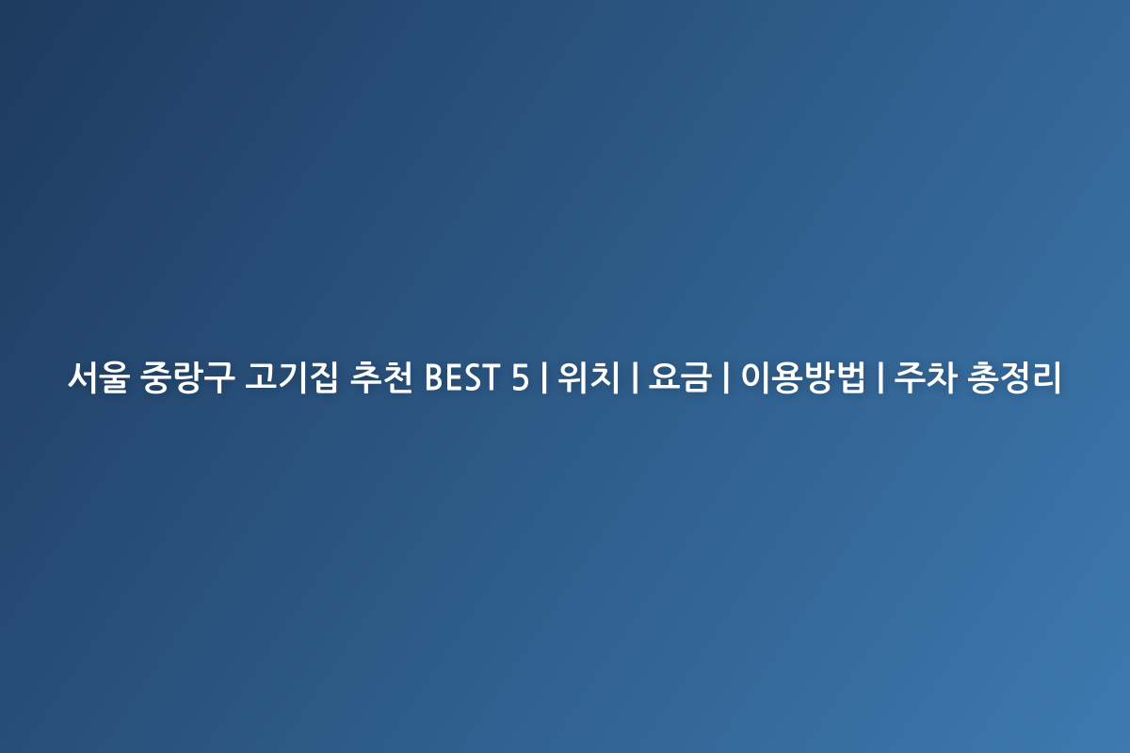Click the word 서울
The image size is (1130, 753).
(99, 377)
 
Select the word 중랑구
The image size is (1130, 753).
(187, 377)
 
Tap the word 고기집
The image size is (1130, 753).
(292, 377)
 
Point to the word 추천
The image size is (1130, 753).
(381, 377)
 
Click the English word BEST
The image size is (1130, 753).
(462, 377)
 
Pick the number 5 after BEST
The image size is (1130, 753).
(520, 377)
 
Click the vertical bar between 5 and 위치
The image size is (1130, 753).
(544, 377)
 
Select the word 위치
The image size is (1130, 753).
(589, 377)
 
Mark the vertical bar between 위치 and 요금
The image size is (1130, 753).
(635, 377)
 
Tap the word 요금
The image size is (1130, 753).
(680, 377)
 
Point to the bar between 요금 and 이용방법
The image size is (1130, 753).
(726, 377)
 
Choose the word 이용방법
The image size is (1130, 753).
(803, 377)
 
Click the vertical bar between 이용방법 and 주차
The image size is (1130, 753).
(880, 377)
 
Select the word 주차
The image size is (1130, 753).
(926, 377)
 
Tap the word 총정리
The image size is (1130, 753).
(1015, 377)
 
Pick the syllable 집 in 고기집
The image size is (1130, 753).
(323, 377)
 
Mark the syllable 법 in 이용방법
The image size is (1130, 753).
(850, 377)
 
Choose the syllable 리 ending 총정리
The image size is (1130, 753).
(1047, 377)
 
